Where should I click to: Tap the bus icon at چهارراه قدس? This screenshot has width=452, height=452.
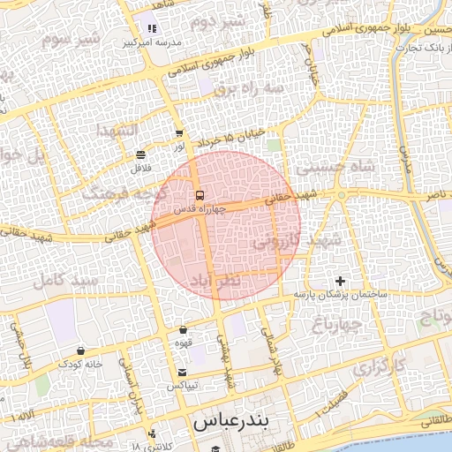[200, 194]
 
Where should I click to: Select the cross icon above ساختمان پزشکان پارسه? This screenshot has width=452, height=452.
[342, 281]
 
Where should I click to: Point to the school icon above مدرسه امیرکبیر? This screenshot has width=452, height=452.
[153, 28]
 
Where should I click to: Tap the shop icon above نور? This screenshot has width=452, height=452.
[179, 133]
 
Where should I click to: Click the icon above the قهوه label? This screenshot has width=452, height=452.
[183, 329]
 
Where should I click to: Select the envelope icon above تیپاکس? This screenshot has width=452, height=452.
[183, 373]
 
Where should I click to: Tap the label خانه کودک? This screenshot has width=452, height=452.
[81, 364]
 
